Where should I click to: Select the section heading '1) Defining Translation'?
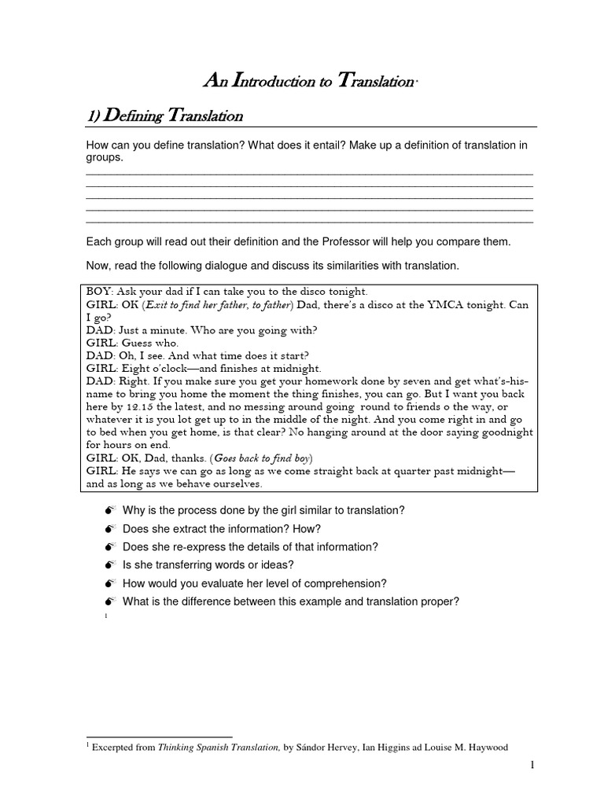click(x=164, y=116)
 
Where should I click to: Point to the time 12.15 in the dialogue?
click(x=125, y=406)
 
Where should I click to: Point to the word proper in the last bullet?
click(x=442, y=601)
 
